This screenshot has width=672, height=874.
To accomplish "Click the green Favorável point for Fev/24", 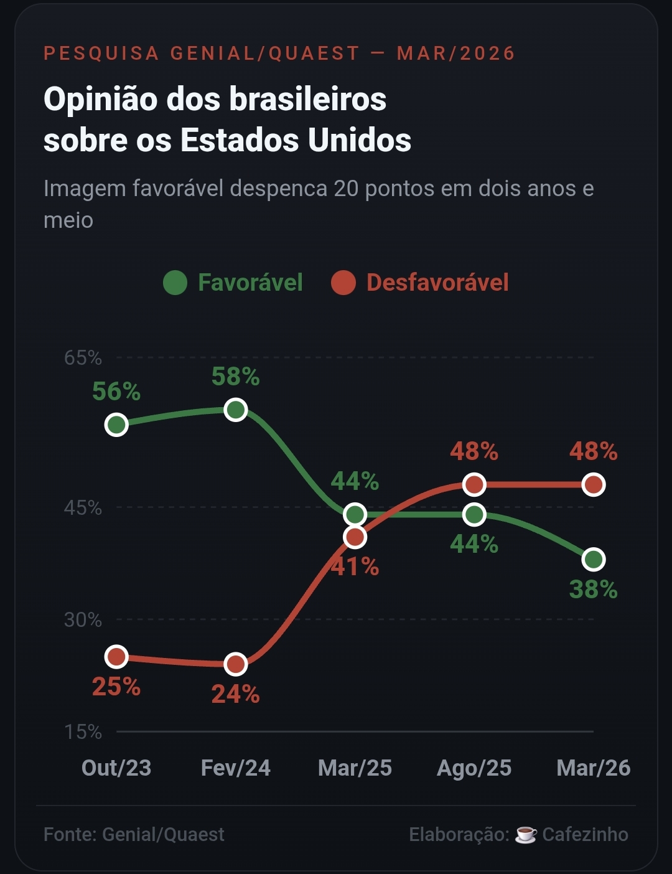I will [236, 410].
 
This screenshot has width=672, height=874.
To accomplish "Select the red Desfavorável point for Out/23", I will [116, 657].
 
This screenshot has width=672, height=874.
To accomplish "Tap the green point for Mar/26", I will [594, 560].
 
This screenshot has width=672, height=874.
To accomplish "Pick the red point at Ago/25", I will [474, 484].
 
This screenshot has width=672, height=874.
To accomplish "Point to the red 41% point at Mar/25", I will [355, 537].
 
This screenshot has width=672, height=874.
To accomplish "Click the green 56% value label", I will [116, 392].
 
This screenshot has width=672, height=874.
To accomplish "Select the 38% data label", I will [594, 589].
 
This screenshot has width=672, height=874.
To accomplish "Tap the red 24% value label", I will [236, 693].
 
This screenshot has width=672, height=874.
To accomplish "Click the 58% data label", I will [236, 377].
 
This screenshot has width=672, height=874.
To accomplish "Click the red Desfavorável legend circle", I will [343, 283].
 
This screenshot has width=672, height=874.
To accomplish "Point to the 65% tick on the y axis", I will [83, 358].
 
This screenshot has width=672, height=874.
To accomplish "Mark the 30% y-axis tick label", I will [83, 620].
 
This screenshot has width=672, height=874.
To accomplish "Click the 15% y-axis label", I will [83, 731].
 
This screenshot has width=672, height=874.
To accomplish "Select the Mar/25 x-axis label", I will [355, 768].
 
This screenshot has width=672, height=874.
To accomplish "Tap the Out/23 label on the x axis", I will [116, 768].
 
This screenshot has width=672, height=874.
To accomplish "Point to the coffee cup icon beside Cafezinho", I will [526, 834].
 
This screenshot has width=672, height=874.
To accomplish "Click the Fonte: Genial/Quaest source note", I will [134, 834].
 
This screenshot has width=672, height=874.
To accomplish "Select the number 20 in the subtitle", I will [346, 188].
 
